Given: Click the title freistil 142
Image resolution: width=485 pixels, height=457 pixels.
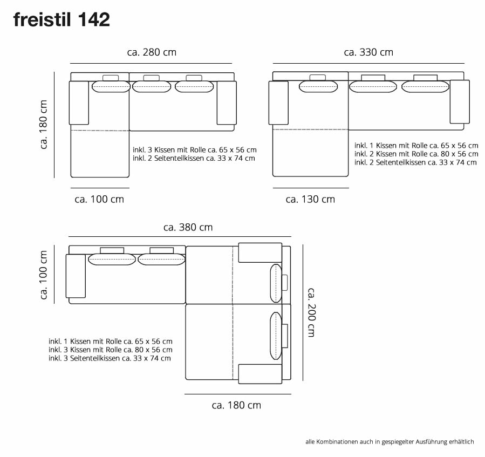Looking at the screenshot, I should tap(62, 19).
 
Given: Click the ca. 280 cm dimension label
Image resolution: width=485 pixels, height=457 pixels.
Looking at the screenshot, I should tap(152, 52).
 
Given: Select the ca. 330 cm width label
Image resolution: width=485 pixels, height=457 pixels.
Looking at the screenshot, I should tap(368, 52).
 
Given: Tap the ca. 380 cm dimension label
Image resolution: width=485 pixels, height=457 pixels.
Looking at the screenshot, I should tap(188, 227).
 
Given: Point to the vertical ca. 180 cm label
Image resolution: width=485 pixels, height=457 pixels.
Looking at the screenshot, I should tap(44, 124).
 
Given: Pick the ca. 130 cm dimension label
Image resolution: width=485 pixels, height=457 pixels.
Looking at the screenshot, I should tap(310, 199).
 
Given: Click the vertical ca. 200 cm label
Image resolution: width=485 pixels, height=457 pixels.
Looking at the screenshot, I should tap(311, 312).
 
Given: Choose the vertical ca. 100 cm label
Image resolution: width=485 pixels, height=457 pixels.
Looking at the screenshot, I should tap(44, 275).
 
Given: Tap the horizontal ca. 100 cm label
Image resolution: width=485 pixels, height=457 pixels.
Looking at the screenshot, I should tap(99, 199).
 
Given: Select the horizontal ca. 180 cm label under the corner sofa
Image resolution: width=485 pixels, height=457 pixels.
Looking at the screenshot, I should tap(236, 405).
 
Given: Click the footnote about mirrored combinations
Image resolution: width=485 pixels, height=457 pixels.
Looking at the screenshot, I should tap(390, 441).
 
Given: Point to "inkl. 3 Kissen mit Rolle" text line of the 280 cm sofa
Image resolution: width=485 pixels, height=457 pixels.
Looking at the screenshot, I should tap(195, 150).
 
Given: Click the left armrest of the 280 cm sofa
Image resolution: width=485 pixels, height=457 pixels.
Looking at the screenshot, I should tap(79, 103).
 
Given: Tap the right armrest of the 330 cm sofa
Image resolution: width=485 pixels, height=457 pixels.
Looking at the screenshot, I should tap(459, 101).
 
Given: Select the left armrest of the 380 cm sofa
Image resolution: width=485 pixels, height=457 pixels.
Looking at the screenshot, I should tap(76, 275).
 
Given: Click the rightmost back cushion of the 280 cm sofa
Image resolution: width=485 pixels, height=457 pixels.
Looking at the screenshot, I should tap(194, 86).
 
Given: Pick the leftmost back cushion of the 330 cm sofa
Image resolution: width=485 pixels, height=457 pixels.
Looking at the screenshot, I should tap(318, 86).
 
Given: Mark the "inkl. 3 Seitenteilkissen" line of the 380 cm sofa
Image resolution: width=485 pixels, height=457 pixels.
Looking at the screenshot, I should tap(110, 358).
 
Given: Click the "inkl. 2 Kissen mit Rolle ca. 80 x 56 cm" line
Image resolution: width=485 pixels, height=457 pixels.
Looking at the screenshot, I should tap(416, 154).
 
